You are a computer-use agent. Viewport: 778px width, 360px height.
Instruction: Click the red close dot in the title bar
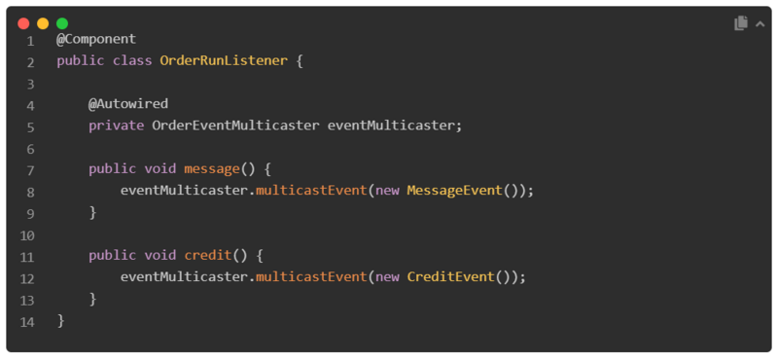23,23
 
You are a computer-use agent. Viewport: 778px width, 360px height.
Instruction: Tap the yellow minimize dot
43,23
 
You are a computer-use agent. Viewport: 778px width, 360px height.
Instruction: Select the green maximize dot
62,23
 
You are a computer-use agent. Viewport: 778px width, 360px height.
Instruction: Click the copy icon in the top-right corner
741,23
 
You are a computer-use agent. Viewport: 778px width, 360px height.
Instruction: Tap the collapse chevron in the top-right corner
760,23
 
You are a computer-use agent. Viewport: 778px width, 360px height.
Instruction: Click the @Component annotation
96,39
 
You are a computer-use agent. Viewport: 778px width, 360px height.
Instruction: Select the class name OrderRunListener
224,60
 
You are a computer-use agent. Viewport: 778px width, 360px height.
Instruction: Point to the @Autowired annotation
129,103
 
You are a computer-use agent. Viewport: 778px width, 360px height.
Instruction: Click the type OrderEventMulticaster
235,126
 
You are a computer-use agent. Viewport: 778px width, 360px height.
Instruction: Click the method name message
212,169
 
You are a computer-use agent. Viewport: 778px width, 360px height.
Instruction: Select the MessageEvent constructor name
454,191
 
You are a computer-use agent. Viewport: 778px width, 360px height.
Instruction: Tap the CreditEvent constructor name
450,277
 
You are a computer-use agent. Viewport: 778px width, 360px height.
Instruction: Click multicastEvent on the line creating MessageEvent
311,191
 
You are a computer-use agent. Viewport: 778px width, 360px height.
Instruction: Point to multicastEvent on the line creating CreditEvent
311,277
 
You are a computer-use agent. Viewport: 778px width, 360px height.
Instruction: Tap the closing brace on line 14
60,320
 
